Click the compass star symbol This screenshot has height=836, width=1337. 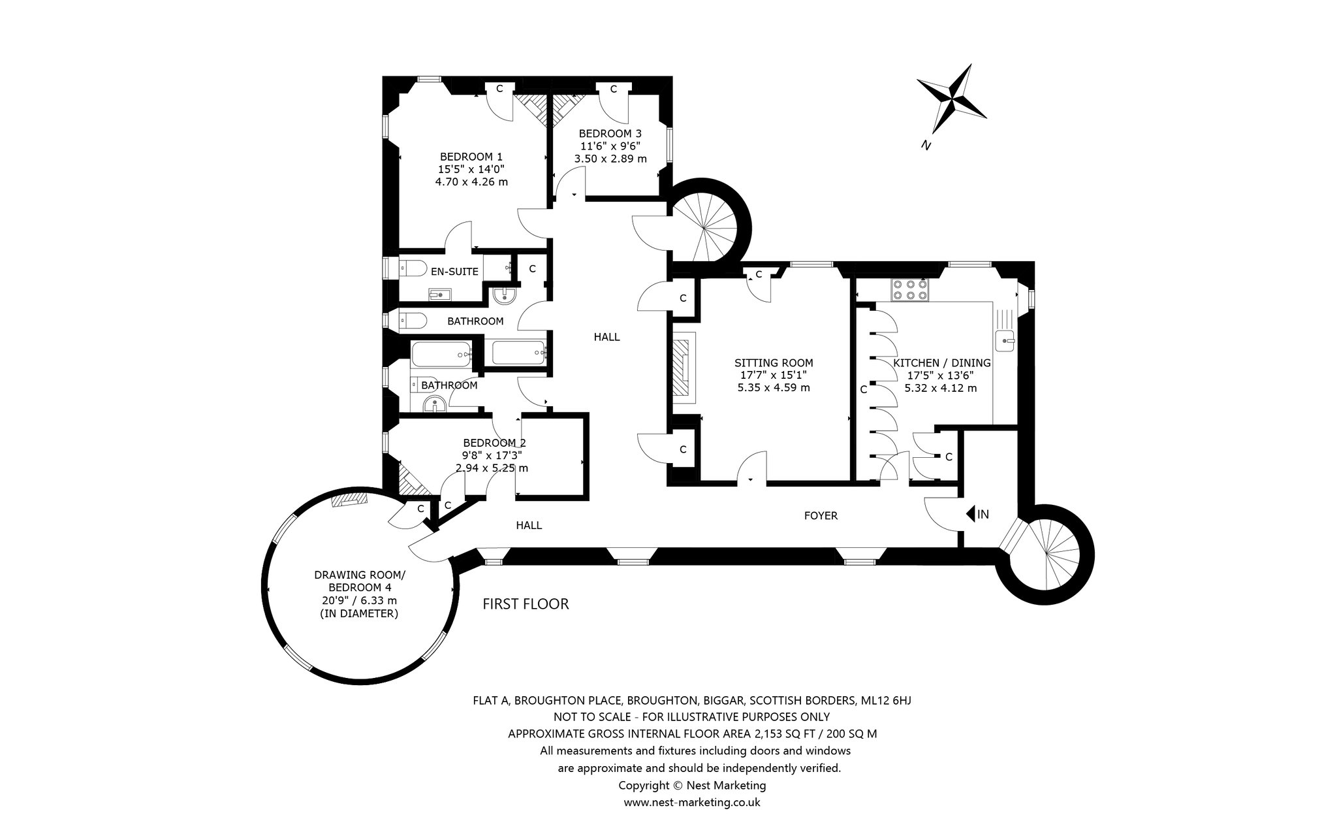click(952, 98)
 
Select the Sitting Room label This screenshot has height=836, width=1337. click(774, 375)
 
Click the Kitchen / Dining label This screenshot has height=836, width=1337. click(941, 376)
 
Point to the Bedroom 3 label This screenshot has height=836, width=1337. click(610, 146)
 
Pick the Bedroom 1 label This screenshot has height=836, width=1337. click(471, 169)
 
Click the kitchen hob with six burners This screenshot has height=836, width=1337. click(909, 289)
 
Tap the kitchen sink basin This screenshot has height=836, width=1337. click(1006, 340)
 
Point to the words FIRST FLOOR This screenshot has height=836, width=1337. click(526, 604)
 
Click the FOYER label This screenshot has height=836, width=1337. click(821, 515)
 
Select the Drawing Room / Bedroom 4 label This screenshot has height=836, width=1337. click(360, 594)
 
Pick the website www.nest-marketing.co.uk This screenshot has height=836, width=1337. click(692, 802)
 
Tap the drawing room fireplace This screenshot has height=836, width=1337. click(350, 500)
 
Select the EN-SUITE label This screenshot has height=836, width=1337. click(454, 272)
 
